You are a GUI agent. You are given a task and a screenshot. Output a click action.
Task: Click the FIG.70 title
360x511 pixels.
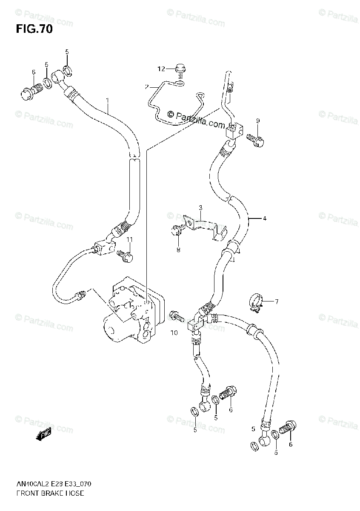coord(34,29)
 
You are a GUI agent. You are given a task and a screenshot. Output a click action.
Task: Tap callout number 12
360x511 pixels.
coord(160,69)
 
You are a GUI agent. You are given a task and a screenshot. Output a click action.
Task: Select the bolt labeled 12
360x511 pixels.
coord(180,68)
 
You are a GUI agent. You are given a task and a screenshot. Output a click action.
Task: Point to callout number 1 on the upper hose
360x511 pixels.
coord(108,100)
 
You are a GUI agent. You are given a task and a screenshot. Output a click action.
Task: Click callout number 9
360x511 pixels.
coord(258,121)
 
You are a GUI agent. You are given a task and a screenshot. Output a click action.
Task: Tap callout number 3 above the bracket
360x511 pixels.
coord(200,207)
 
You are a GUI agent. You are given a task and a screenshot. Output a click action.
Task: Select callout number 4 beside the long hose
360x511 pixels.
coord(264,219)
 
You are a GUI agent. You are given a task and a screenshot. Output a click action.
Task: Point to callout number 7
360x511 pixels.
coord(276,302)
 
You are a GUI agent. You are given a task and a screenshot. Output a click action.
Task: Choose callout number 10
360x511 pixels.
coord(174,333)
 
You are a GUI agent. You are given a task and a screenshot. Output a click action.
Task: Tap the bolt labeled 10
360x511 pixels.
coord(177,316)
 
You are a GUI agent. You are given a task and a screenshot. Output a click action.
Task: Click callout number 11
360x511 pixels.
coord(129,240)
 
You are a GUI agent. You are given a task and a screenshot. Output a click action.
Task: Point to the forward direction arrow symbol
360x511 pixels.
coord(43,434)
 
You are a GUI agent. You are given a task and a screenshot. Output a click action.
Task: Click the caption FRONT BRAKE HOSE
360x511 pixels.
coord(50,494)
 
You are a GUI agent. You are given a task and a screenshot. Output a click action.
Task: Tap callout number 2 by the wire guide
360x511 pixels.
coord(147,87)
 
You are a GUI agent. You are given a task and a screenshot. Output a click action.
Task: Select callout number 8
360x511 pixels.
coord(178,250)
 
